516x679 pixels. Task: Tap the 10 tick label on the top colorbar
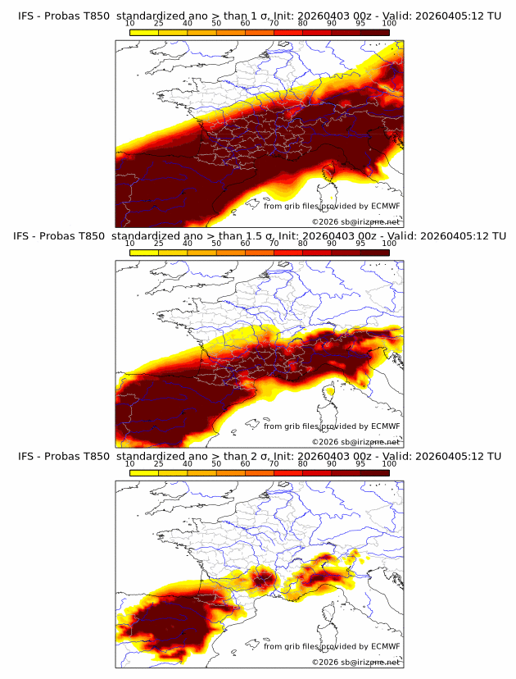tap(130, 23)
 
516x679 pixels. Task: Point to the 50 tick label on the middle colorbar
tap(216, 244)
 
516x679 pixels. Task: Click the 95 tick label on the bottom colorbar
tap(360, 463)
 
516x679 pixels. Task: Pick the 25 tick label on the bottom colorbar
tap(159, 463)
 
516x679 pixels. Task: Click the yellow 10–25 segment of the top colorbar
tap(144, 32)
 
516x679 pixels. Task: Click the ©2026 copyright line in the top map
tap(356, 221)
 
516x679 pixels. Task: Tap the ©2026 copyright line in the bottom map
tap(356, 662)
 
